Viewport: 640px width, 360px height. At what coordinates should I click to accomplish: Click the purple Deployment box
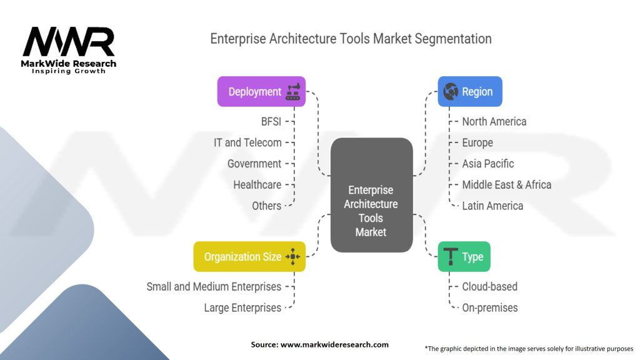[261, 92]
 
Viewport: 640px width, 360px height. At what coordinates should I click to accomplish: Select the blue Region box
[469, 92]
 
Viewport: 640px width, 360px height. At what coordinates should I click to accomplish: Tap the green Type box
[464, 257]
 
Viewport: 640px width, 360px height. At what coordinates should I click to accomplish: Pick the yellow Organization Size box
[249, 257]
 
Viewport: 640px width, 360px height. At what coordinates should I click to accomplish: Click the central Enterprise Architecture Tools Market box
[371, 211]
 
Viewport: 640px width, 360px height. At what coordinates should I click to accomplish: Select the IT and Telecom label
[247, 142]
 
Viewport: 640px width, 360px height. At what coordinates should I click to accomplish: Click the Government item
[254, 164]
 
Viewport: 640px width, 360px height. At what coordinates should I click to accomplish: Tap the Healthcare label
[257, 185]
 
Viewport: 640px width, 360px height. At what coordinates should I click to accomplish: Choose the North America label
[494, 121]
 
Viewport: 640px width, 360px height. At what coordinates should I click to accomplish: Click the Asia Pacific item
[487, 164]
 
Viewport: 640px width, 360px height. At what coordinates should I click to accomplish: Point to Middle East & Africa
[506, 185]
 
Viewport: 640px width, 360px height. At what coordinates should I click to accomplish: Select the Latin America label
[492, 206]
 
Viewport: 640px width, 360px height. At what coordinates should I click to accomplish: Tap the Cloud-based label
[489, 287]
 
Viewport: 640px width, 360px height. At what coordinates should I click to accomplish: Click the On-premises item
[489, 307]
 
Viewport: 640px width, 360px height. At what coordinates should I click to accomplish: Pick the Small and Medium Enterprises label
[214, 287]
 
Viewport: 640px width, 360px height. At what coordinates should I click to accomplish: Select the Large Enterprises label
[242, 307]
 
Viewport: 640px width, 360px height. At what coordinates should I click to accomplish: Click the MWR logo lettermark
[69, 42]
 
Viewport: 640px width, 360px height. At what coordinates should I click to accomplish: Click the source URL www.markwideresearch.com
[334, 344]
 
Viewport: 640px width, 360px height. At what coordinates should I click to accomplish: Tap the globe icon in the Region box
[450, 92]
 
